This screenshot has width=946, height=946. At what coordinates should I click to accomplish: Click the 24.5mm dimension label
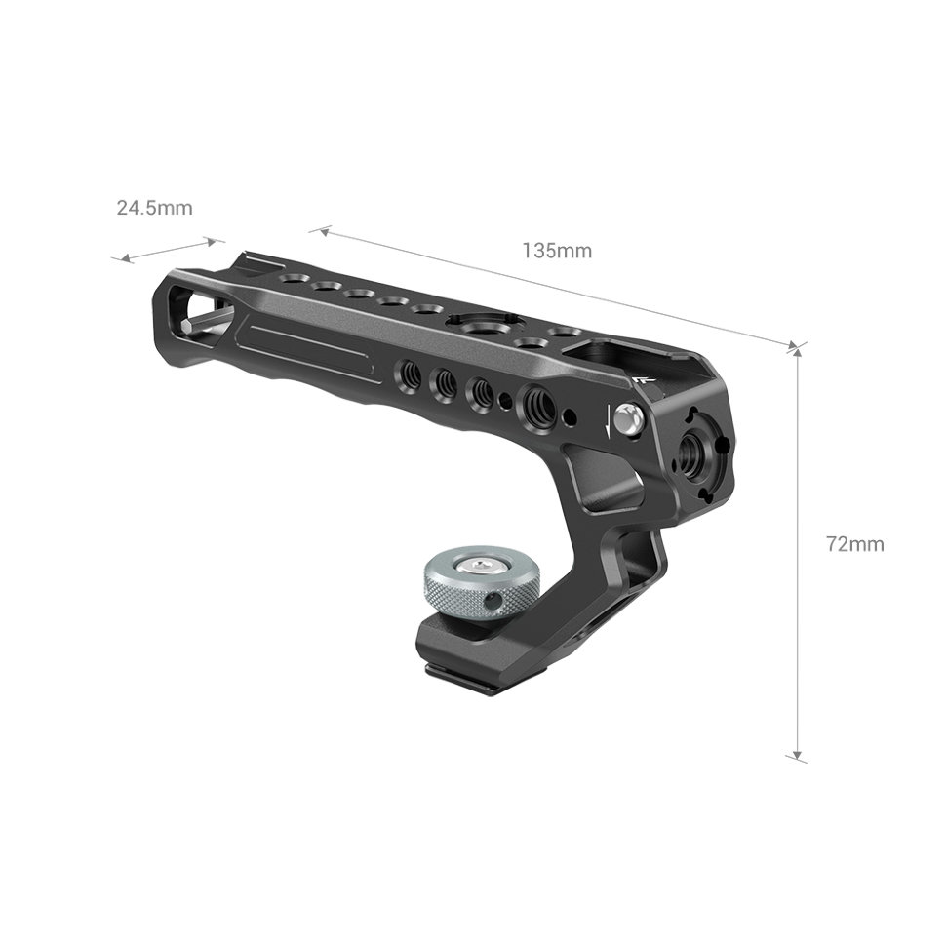[x=154, y=208]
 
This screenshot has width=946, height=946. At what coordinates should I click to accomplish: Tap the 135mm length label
[x=557, y=251]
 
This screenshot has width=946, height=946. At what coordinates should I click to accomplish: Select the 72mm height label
[x=854, y=544]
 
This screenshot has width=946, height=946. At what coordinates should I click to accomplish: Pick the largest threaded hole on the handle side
[x=537, y=400]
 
